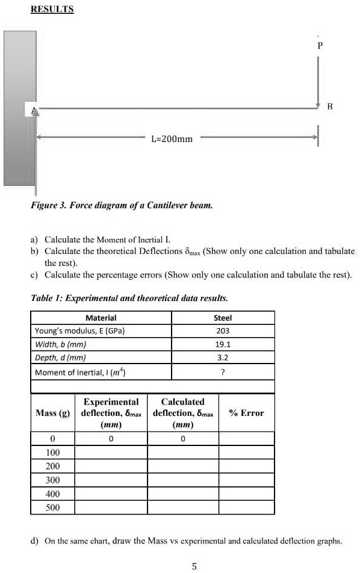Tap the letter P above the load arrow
coord(320,45)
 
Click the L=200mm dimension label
coord(172,139)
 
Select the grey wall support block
coord(19,108)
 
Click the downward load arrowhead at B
coord(320,105)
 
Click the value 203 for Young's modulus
coord(223,331)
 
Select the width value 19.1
coord(223,345)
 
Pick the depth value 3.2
coord(223,359)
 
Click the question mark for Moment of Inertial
coord(223,373)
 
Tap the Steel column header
coord(223,318)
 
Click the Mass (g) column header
coord(53,413)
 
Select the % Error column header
coord(246,413)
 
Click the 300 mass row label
coord(53,480)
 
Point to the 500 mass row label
coord(53,507)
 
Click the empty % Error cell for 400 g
coord(246,494)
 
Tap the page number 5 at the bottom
coord(194,565)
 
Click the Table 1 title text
coord(129,298)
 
